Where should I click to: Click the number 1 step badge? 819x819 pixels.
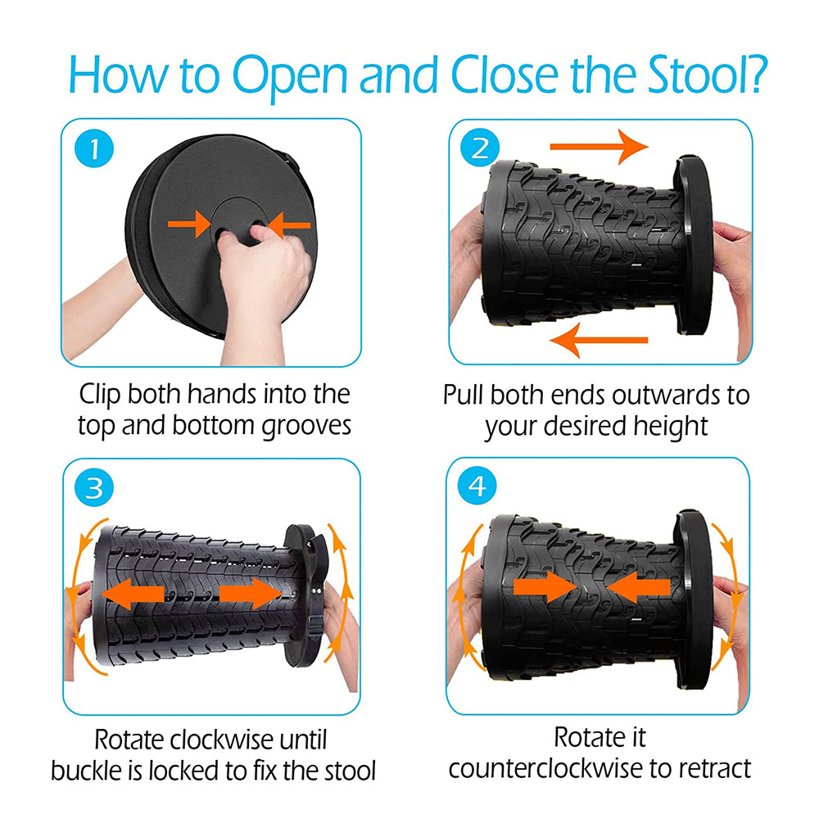(94, 149)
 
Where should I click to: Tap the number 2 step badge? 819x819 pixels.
(479, 147)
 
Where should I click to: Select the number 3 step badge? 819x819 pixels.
(94, 487)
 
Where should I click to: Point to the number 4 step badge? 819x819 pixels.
(477, 485)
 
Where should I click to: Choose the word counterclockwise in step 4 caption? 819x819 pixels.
(545, 768)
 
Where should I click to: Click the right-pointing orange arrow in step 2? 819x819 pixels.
(600, 147)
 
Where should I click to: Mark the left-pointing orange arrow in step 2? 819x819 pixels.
(599, 340)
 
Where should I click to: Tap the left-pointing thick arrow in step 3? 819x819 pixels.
(133, 594)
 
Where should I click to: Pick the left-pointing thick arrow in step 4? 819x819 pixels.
(638, 587)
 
